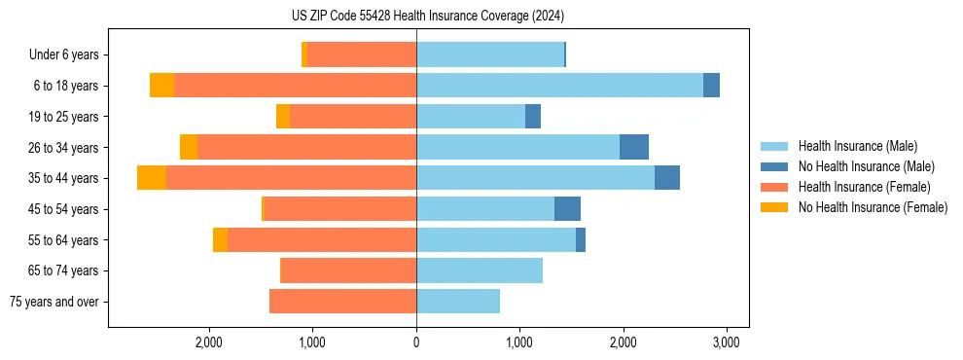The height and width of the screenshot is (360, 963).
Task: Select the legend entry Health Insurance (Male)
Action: (857, 146)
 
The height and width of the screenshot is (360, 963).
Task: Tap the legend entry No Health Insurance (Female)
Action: (872, 207)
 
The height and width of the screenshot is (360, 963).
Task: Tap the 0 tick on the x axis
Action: (416, 342)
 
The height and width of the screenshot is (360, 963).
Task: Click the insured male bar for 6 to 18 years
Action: (559, 86)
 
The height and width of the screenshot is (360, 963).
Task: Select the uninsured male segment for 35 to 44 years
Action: (667, 178)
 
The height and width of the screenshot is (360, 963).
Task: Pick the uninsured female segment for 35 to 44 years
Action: (152, 178)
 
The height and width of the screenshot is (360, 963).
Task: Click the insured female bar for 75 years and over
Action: (342, 302)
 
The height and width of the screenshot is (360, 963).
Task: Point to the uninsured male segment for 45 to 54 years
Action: (567, 209)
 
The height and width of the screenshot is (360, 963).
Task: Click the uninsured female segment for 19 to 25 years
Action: (283, 117)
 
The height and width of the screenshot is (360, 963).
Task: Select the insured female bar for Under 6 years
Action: (362, 55)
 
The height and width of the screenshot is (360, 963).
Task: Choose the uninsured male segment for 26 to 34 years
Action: (634, 147)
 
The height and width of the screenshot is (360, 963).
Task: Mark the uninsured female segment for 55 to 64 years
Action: (220, 240)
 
